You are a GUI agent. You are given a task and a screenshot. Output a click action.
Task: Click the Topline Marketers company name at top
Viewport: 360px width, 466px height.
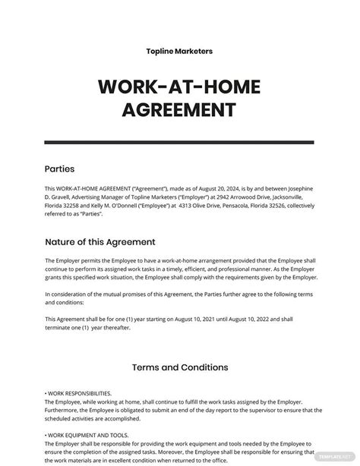point(179,51)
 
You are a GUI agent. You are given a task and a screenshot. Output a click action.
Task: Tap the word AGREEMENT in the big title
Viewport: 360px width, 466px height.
point(179,112)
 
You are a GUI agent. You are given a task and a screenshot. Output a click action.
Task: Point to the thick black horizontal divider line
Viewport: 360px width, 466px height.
point(179,143)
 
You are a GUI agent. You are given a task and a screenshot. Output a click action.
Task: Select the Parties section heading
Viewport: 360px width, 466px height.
point(60,168)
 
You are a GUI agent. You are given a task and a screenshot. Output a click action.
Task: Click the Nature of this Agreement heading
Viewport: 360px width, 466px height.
point(100,242)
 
